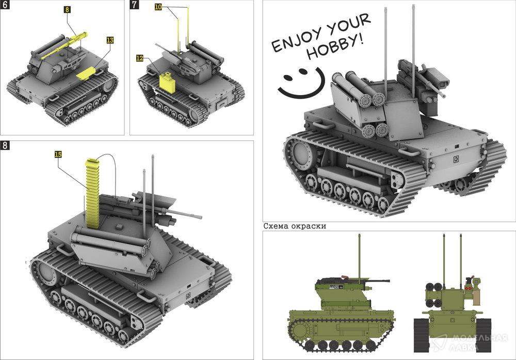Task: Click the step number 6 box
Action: click(4, 4)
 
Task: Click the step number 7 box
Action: click(134, 4)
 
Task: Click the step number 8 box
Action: click(4, 145)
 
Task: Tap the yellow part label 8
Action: click(67, 9)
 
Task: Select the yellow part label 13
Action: click(110, 40)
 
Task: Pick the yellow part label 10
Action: click(158, 7)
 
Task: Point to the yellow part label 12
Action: click(140, 58)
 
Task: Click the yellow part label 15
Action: click(58, 154)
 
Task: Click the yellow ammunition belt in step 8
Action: click(92, 194)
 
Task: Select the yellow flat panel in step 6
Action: click(86, 73)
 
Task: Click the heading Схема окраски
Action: click(295, 226)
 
